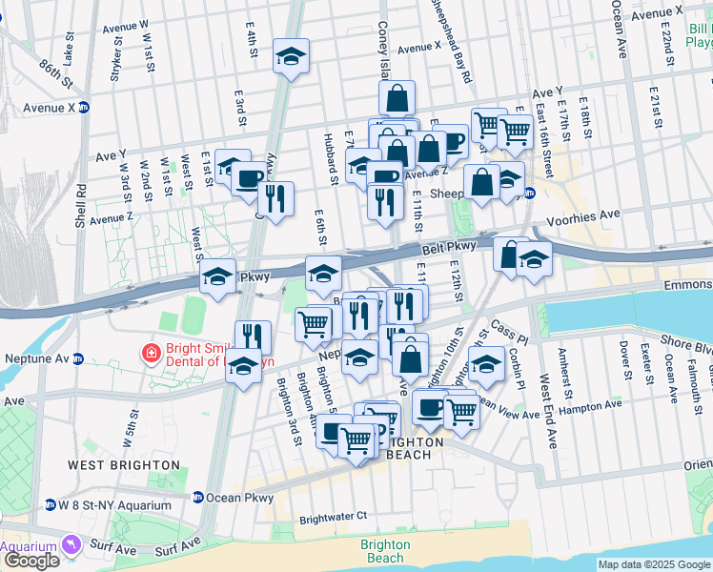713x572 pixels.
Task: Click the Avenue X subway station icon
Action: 84,108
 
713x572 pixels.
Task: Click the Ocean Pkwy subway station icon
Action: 197,498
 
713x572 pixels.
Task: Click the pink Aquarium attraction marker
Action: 69,544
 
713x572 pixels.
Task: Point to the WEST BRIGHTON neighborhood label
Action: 124,465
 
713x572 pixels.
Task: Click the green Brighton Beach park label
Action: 385,551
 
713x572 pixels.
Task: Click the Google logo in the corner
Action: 31,561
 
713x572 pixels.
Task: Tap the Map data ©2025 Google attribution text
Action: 654,564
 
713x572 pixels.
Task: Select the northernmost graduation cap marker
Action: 292,55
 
